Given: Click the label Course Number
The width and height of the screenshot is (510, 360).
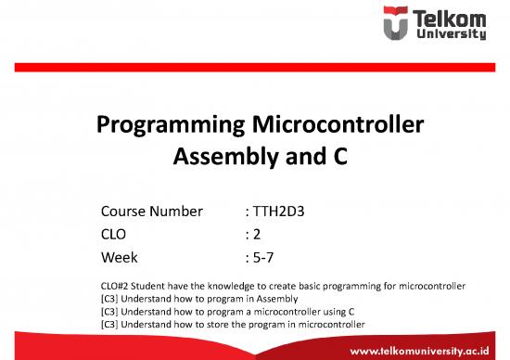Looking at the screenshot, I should click(150, 212).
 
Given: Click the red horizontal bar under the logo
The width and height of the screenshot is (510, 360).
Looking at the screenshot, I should click(255, 68).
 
